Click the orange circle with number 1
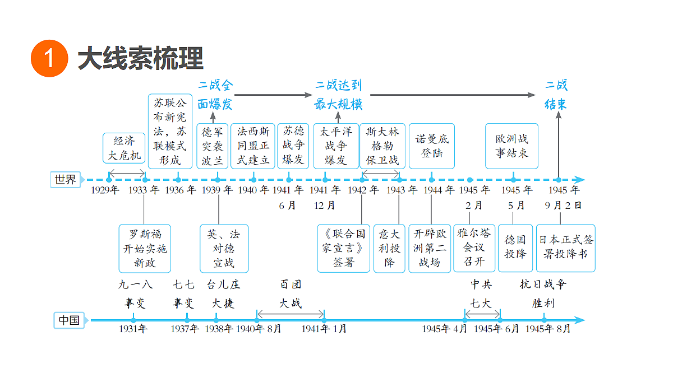[x=49, y=58]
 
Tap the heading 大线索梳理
[x=141, y=58]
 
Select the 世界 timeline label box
[x=66, y=180]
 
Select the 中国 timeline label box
[x=69, y=320]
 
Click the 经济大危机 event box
[x=124, y=148]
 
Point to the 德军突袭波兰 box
[x=213, y=146]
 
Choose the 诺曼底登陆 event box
[x=432, y=146]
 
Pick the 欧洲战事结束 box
[x=511, y=146]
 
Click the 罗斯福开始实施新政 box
[x=145, y=249]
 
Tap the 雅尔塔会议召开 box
[x=474, y=248]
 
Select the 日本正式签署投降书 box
[x=566, y=248]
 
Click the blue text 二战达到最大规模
[x=338, y=95]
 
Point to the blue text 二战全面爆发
[x=215, y=95]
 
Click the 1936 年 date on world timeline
[x=180, y=190]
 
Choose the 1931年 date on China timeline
[x=133, y=329]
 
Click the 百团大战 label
[x=291, y=293]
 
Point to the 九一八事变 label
[x=136, y=293]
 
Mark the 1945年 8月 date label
[x=548, y=329]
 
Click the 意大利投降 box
[x=389, y=249]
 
